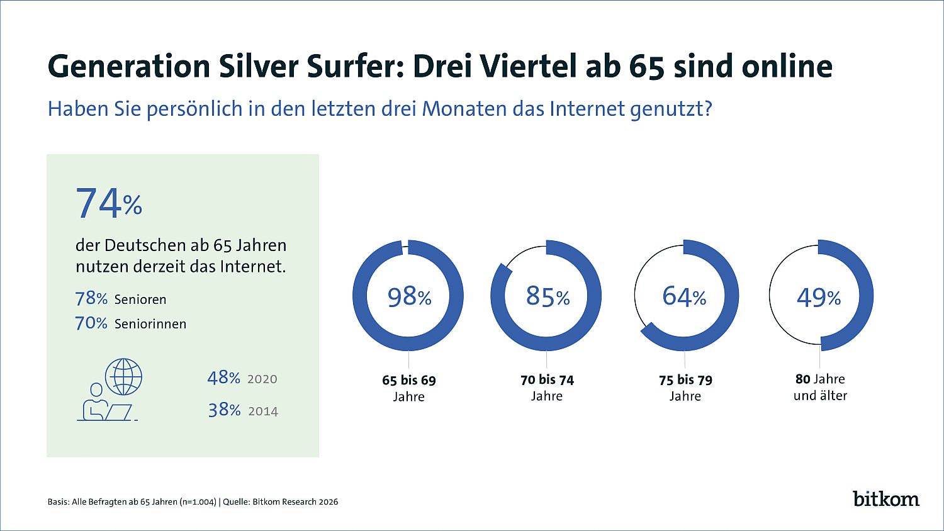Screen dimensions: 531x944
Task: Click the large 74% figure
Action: coord(109,203)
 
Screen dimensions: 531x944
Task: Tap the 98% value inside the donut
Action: coord(409,296)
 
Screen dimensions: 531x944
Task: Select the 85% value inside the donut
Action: coord(548,296)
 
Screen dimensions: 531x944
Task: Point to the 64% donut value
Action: coord(684,296)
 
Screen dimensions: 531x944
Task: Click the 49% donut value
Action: coord(819,297)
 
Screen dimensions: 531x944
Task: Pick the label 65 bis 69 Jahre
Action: coord(409,388)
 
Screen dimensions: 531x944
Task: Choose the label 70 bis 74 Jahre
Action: coord(547,388)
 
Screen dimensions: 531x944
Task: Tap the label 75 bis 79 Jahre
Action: coord(685,388)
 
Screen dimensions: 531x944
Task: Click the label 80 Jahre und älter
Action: coord(820,387)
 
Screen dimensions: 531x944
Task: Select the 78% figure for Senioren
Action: coord(91,298)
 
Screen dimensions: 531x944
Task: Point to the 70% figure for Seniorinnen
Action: coord(91,323)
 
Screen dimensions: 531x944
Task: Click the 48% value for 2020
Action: coord(223,377)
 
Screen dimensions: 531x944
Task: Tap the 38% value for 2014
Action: coord(224,410)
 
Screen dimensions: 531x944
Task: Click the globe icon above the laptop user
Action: coord(124,376)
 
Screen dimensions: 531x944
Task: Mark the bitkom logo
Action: coord(886,498)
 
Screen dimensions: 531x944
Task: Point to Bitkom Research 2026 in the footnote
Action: coord(295,501)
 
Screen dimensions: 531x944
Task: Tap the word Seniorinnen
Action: coord(150,324)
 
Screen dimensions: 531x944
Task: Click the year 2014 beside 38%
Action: coord(263,411)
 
